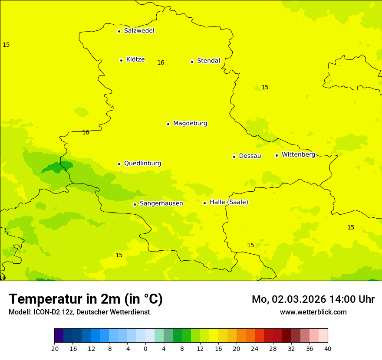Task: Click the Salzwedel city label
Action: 139,31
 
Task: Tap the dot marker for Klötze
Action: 121,60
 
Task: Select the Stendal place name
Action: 208,61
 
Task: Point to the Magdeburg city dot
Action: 168,124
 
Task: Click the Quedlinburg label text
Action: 142,164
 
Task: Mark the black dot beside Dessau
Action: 234,157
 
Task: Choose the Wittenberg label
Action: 298,154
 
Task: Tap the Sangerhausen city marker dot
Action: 135,204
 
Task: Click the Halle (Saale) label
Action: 229,202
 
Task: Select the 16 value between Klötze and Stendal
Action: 161,63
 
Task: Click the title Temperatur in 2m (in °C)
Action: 86,299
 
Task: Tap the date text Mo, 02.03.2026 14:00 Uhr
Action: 313,299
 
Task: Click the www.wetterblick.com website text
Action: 313,312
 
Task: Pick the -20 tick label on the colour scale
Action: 54,348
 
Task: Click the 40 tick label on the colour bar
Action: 328,348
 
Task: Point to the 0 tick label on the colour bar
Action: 145,348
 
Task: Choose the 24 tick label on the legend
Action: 255,348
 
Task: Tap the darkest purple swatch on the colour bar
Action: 59,336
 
